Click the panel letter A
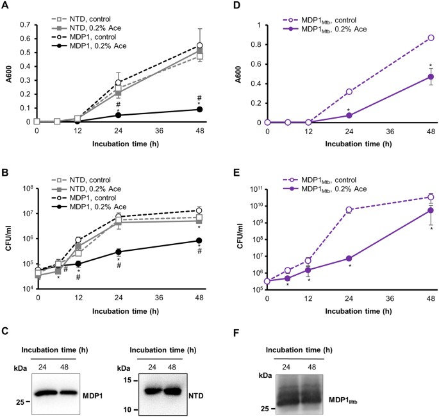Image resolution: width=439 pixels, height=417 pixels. coord(5,6)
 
